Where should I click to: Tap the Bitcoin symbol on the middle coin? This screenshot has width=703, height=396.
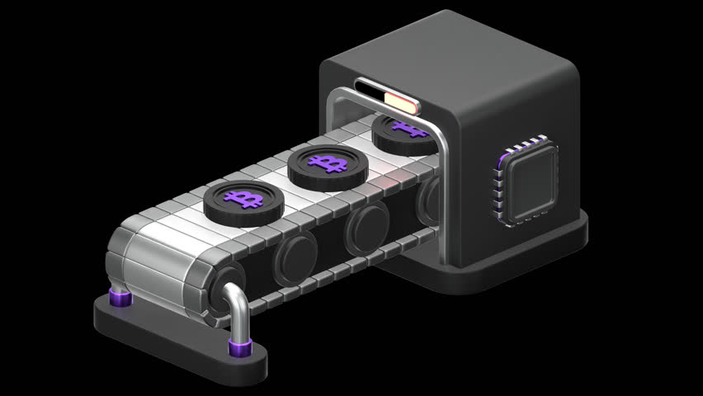tap(328, 162)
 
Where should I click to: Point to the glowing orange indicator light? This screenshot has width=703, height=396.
tap(402, 102)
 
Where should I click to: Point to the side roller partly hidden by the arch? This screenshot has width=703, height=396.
tap(430, 198)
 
